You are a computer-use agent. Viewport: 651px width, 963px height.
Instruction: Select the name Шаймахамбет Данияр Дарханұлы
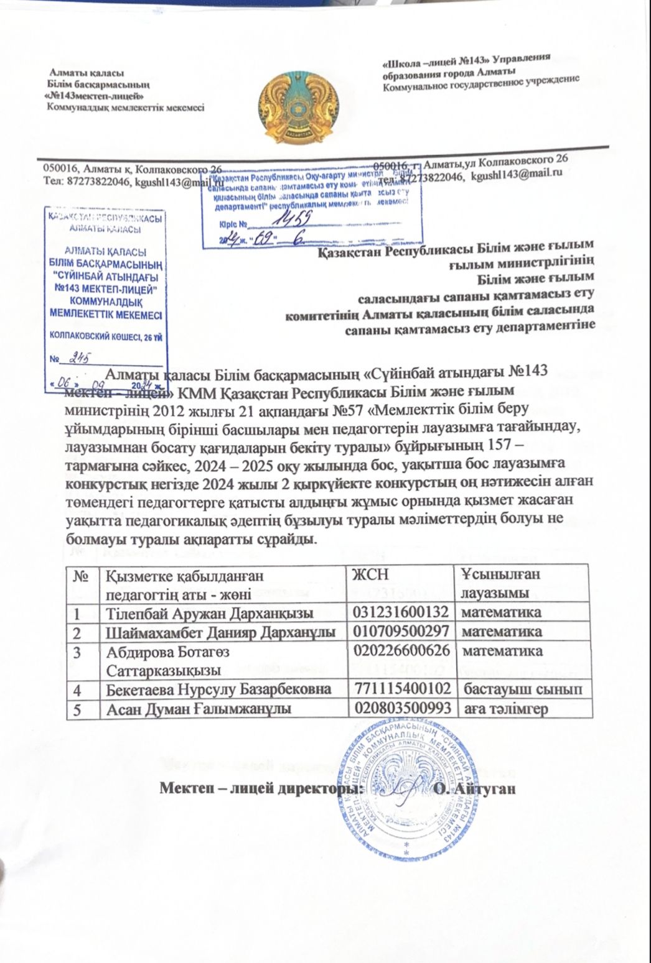pos(222,632)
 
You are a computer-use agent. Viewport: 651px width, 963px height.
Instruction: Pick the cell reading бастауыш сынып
pos(522,689)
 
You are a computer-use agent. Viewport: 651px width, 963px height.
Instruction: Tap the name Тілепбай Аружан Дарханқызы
pos(210,612)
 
